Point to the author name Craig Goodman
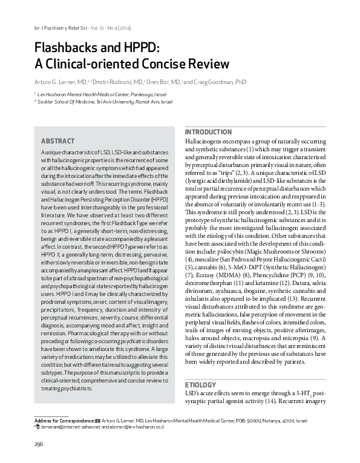(215, 80)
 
